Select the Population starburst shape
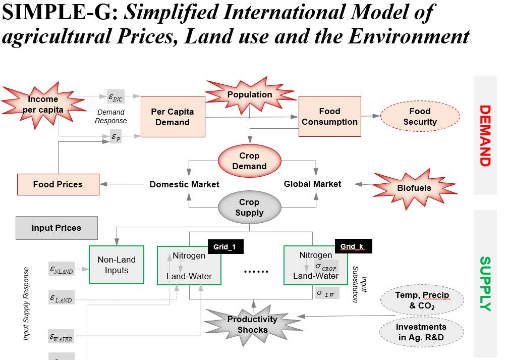tap(249, 94)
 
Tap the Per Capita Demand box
tap(173, 117)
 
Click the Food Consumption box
tap(329, 116)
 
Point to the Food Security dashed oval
tap(419, 117)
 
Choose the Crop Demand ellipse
tap(249, 161)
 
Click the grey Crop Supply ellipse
tap(249, 207)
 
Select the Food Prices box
tap(58, 184)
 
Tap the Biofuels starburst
tap(414, 188)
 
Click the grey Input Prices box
tap(56, 228)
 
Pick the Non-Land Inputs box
tap(117, 265)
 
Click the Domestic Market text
tap(184, 184)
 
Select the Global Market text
tap(312, 184)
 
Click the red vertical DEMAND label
tap(485, 135)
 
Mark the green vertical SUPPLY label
tap(485, 284)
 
